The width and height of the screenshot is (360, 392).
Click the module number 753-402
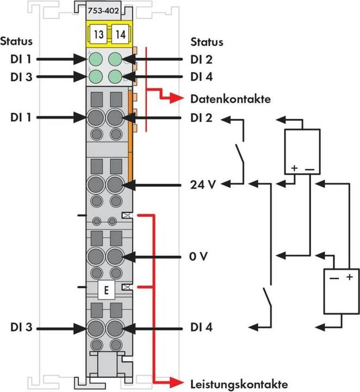pos(105,11)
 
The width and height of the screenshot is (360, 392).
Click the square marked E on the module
pos(106,289)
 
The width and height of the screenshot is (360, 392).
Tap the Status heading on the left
pos(16,41)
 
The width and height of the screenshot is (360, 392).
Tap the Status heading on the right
pos(207,41)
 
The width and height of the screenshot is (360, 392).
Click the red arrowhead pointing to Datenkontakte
pos(176,99)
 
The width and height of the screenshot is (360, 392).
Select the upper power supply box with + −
pos(302,150)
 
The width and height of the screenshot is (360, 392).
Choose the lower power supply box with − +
pos(340,292)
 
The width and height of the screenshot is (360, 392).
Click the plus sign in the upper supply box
pos(294,168)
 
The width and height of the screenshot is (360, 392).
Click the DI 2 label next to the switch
pos(201,117)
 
